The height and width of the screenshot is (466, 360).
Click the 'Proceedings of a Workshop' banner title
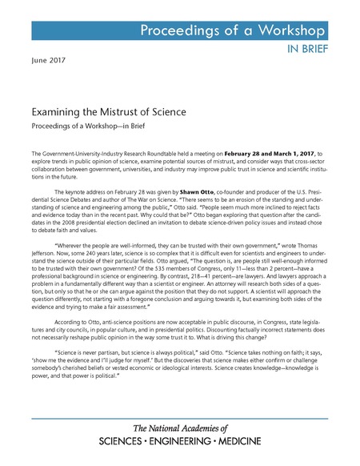click(234, 31)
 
